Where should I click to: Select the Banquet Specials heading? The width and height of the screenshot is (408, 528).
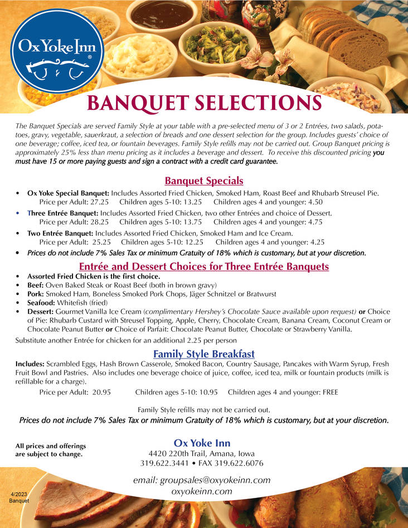(x=203, y=181)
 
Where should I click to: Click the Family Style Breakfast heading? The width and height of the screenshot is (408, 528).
(x=203, y=354)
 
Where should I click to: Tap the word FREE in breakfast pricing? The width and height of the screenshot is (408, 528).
(x=330, y=392)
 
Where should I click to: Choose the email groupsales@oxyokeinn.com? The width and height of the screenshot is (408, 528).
(x=202, y=480)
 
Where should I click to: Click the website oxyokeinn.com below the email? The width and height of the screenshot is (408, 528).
(x=202, y=491)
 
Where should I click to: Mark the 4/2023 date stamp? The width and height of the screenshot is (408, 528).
(x=19, y=494)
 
